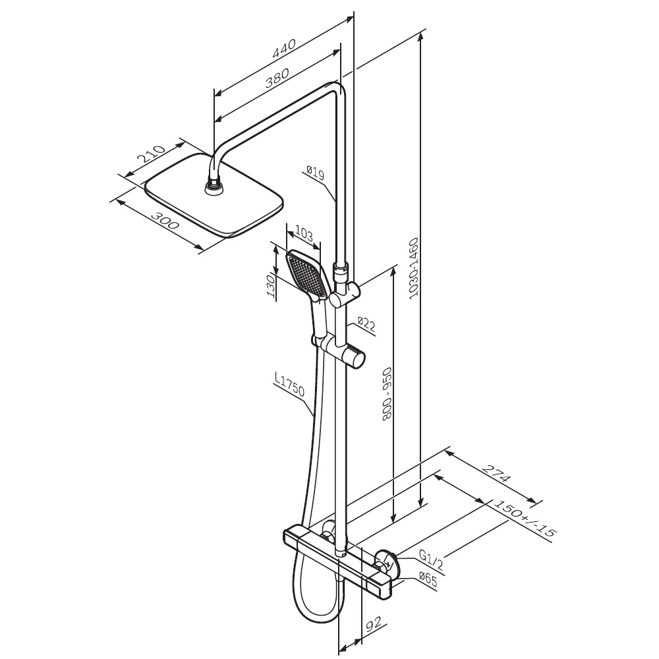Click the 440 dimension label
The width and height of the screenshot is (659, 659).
285,48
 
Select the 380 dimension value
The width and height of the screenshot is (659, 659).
277,78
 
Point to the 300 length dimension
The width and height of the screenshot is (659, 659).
165,221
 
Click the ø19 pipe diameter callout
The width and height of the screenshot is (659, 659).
316,172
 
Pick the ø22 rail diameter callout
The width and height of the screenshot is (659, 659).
366,324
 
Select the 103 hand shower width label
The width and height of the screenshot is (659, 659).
304,234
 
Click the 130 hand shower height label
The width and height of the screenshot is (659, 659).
271,285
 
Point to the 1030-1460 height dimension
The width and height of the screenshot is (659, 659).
415,268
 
